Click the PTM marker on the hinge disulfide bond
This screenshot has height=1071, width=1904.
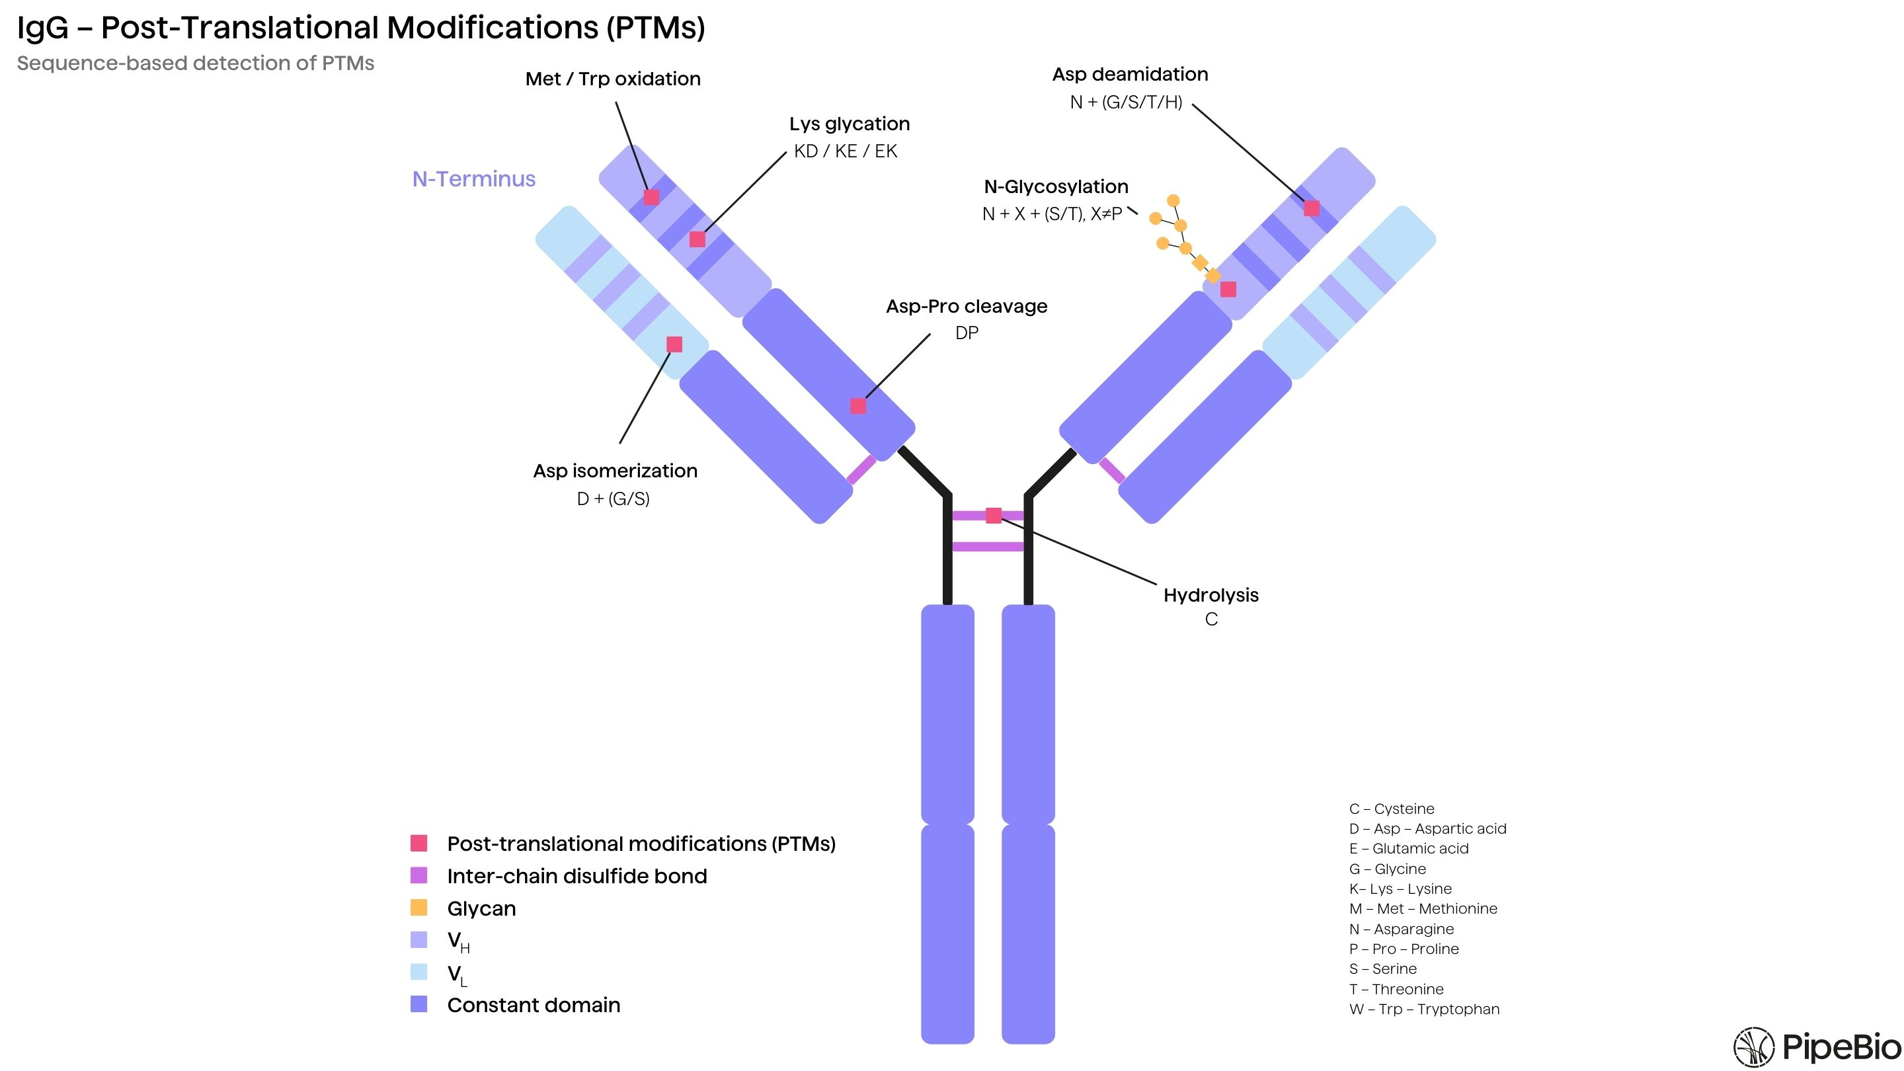[994, 515]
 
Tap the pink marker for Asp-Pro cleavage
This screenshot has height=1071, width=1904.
[857, 406]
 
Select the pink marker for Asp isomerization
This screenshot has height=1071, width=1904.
[674, 344]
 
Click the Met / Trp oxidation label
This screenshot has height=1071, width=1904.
[613, 79]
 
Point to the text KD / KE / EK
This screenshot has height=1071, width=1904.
[845, 151]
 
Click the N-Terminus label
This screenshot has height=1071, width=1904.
[474, 179]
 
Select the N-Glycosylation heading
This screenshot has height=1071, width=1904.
[1056, 187]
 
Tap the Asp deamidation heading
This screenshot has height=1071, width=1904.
[1129, 75]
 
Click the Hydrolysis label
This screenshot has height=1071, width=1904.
[1210, 595]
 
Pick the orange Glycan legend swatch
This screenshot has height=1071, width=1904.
[418, 907]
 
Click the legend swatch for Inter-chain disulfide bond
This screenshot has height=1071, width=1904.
[418, 875]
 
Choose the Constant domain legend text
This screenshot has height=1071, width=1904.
[533, 1005]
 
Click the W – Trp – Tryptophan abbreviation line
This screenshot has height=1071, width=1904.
[1423, 1009]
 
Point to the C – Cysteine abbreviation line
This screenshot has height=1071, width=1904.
[1391, 809]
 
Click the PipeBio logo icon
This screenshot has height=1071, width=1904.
[1753, 1047]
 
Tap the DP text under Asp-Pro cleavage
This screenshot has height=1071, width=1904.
[966, 333]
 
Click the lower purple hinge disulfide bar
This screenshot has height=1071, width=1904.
[988, 547]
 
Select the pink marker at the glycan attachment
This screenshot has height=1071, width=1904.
[1228, 289]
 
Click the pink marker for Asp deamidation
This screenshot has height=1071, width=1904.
[1311, 208]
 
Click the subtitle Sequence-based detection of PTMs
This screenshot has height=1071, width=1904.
[195, 63]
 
